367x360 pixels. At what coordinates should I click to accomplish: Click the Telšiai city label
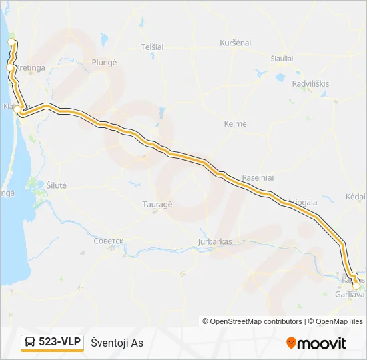153,47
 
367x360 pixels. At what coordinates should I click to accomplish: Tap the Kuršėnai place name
235,43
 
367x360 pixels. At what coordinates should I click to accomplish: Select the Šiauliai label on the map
282,59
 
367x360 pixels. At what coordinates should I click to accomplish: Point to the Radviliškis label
311,83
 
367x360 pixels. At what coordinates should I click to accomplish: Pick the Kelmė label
236,124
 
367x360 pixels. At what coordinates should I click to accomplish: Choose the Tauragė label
157,205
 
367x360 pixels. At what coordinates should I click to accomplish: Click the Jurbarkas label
215,241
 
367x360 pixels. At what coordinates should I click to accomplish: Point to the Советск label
109,241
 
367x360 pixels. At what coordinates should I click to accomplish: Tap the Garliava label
350,294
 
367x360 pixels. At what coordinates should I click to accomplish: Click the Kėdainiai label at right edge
356,197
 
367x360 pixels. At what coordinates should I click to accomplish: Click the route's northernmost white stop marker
11,42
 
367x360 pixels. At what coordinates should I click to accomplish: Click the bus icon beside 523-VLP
30,343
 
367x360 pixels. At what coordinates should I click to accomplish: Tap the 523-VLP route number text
60,342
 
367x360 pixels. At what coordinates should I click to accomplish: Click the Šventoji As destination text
117,343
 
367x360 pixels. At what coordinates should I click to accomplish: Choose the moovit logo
316,343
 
